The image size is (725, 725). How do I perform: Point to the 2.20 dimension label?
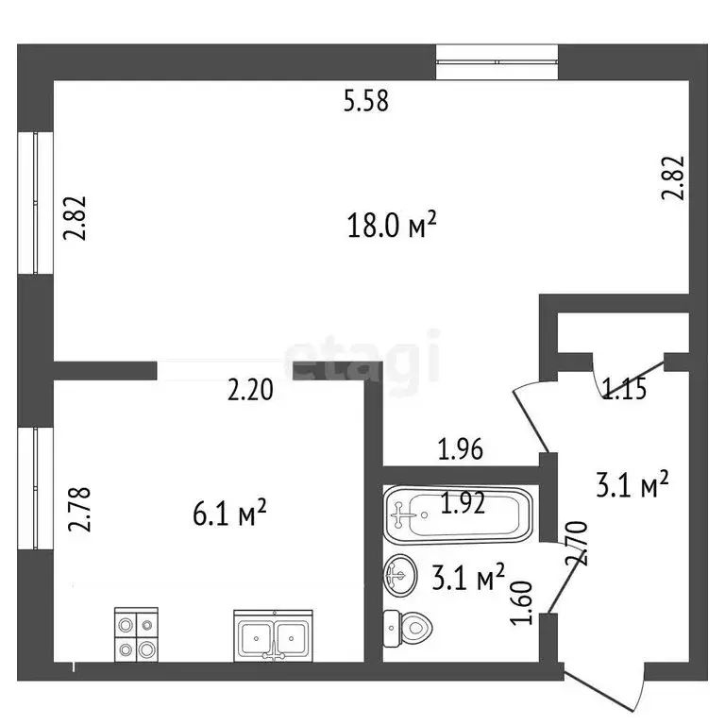coord(250,389)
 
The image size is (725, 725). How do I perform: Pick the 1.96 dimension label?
coord(461,449)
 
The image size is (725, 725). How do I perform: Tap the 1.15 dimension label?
coord(624,389)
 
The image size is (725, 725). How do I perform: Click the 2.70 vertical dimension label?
coord(577,544)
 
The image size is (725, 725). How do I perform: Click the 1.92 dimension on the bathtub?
coord(463,504)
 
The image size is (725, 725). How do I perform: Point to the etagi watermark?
coord(362,357)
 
